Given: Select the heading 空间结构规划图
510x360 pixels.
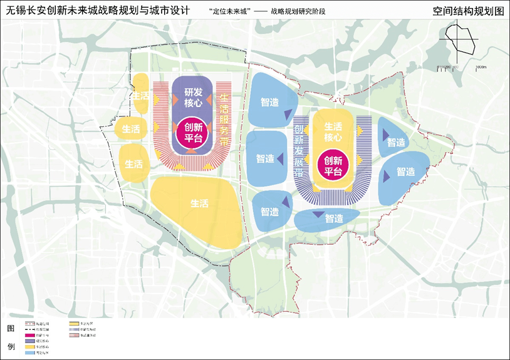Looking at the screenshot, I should (x=467, y=11).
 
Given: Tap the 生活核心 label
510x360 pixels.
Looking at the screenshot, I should (x=333, y=131).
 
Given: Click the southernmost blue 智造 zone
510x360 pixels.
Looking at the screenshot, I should (x=327, y=218).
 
